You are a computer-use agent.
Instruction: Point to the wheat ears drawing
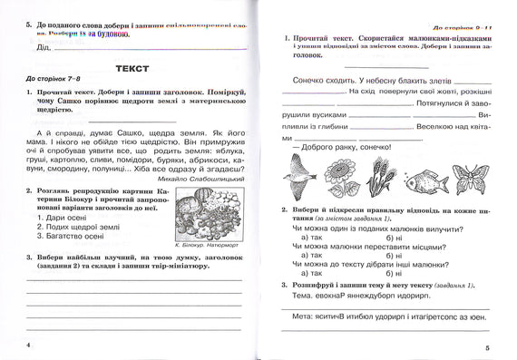[x=385, y=172]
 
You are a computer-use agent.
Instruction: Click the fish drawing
[x=426, y=180]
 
